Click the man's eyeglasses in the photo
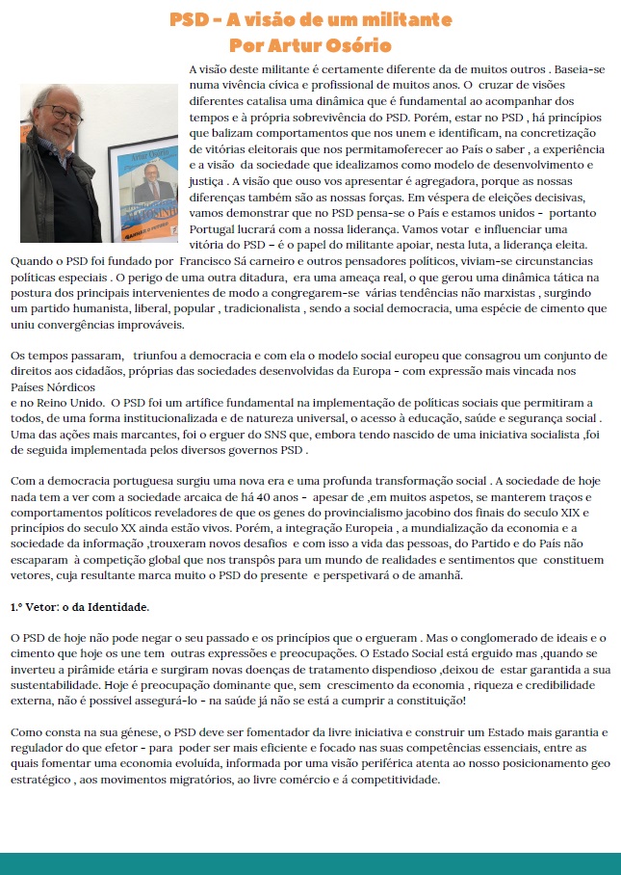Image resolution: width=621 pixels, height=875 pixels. coord(60,114)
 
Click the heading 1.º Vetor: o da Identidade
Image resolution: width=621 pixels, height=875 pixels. coord(79,608)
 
